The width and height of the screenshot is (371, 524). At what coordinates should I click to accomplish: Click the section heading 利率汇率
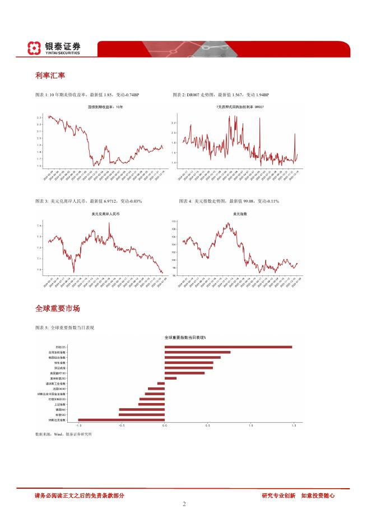point(49,76)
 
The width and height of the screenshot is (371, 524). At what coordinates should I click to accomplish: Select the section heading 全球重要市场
point(57,308)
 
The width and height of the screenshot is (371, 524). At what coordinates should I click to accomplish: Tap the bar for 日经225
point(228,347)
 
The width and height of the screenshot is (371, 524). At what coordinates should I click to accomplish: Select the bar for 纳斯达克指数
point(121,419)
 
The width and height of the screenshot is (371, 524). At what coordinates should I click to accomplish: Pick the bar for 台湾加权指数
point(197,352)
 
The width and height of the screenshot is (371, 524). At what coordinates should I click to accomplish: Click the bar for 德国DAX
point(142,409)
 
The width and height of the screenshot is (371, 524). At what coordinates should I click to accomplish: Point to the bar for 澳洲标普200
point(170,378)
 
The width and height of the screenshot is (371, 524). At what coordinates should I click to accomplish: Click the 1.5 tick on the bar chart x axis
point(294,426)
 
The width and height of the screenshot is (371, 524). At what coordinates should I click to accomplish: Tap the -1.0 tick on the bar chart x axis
point(78,426)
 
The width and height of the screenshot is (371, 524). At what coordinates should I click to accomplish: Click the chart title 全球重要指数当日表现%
point(185,338)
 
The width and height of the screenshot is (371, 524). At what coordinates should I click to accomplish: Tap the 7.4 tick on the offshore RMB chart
point(39,226)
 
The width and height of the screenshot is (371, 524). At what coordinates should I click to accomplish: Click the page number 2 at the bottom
point(184,504)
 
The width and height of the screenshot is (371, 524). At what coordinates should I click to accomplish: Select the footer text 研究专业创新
point(279,495)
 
